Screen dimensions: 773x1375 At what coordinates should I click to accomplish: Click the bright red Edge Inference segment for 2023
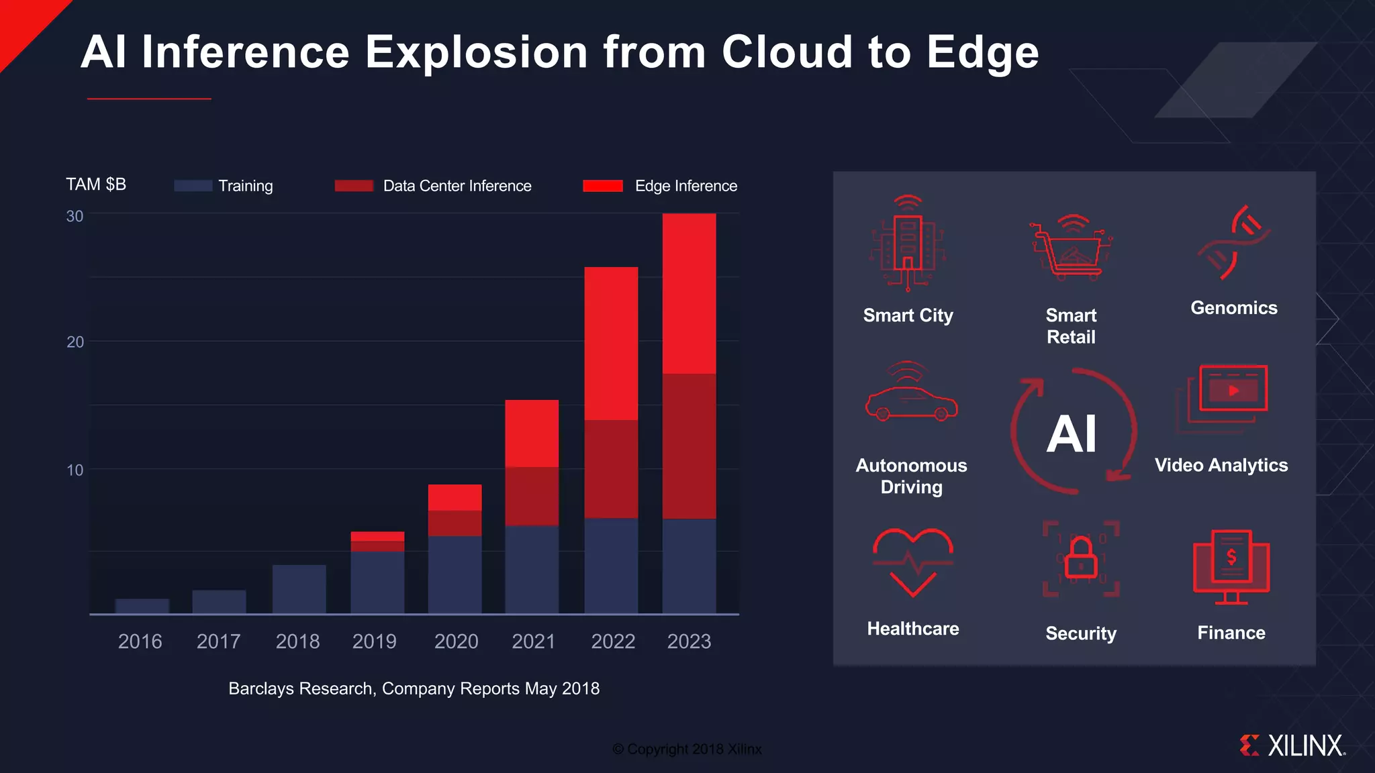(689, 293)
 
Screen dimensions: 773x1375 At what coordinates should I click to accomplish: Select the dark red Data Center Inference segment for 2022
(611, 469)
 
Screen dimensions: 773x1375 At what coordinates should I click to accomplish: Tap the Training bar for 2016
(142, 606)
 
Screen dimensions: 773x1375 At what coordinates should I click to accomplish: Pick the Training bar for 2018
(299, 589)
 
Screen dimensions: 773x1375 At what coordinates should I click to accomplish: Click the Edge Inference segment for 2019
(377, 536)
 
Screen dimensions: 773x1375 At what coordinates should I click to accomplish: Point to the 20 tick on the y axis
(75, 342)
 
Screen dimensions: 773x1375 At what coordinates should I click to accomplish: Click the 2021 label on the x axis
(533, 641)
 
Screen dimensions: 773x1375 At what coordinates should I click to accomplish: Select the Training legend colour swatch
(193, 186)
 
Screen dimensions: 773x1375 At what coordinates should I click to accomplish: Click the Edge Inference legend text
(685, 186)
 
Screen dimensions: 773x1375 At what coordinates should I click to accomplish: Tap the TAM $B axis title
(96, 185)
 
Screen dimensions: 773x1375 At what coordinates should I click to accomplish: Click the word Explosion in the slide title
(476, 52)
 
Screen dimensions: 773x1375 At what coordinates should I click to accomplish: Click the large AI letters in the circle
(1072, 433)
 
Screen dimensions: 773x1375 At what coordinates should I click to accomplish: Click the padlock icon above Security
(1081, 558)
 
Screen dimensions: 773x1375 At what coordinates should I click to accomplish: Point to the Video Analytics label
(1221, 465)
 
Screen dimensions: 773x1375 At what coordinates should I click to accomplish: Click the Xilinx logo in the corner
(1292, 745)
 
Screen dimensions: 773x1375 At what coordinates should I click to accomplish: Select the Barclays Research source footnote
(414, 688)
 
